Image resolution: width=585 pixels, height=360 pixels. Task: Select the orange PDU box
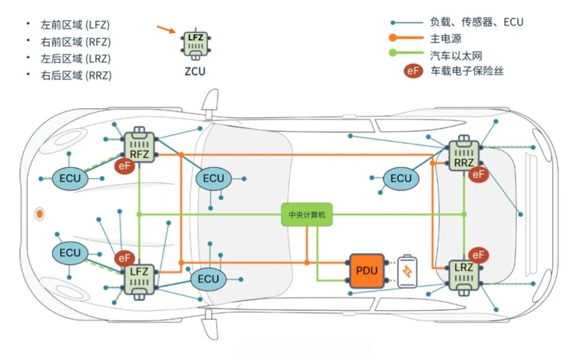(x=367, y=271)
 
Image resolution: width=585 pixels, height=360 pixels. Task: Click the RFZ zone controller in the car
(x=140, y=146)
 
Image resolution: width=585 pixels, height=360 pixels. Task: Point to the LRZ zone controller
(x=464, y=275)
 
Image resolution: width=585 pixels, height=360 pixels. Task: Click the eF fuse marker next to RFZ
(x=125, y=166)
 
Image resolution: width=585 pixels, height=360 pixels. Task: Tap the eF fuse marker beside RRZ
(x=478, y=174)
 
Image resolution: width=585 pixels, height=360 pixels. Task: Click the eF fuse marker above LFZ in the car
(x=125, y=258)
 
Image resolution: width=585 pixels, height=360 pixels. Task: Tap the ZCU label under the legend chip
(x=194, y=71)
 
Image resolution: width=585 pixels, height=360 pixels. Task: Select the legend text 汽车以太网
(x=456, y=55)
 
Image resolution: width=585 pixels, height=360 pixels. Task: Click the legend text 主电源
(x=446, y=38)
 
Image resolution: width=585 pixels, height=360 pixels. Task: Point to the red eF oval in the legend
(x=413, y=71)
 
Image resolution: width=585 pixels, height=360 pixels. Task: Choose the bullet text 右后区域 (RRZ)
(x=76, y=75)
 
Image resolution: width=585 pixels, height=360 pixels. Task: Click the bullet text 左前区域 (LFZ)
(x=76, y=24)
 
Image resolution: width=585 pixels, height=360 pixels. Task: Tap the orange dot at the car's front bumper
(x=40, y=214)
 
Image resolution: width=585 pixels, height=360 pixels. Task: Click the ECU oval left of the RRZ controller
(x=401, y=179)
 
